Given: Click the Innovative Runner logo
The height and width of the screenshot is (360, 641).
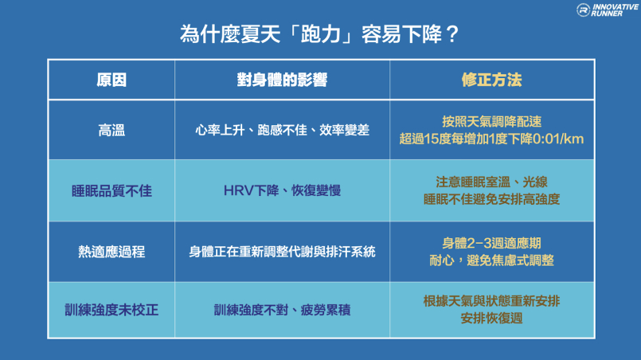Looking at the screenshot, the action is [607, 10].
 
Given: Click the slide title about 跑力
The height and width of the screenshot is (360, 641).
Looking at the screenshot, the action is [319, 34].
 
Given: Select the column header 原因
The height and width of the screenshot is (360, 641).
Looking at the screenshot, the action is [111, 80].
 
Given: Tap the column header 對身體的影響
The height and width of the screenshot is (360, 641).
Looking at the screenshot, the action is [282, 80].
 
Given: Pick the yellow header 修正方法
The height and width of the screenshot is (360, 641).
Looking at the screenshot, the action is [492, 80].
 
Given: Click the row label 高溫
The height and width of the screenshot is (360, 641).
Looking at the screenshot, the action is [111, 131].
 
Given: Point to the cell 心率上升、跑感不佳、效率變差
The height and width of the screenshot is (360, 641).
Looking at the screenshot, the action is [282, 130].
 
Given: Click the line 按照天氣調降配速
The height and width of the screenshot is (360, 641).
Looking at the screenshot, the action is [492, 122].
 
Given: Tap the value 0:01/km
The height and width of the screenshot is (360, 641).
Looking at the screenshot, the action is [558, 139].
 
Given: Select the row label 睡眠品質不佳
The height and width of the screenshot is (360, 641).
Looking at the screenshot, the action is [111, 190].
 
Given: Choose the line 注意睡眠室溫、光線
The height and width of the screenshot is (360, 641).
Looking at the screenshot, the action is [492, 182].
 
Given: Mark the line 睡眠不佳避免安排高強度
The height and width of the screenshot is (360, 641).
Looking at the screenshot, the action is [492, 199].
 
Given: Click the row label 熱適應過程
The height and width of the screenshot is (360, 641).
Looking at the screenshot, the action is [111, 252].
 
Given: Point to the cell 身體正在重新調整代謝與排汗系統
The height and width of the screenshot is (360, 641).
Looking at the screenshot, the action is [282, 252].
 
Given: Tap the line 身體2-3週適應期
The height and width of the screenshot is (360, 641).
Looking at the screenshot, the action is [492, 243].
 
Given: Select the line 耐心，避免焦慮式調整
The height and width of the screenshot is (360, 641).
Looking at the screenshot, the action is [492, 260].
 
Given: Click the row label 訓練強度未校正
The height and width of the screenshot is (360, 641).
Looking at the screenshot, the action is [111, 310].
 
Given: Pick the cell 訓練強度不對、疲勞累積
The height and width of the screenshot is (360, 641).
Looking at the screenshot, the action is [282, 310].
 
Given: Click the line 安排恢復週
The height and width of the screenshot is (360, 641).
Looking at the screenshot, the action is [492, 319].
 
